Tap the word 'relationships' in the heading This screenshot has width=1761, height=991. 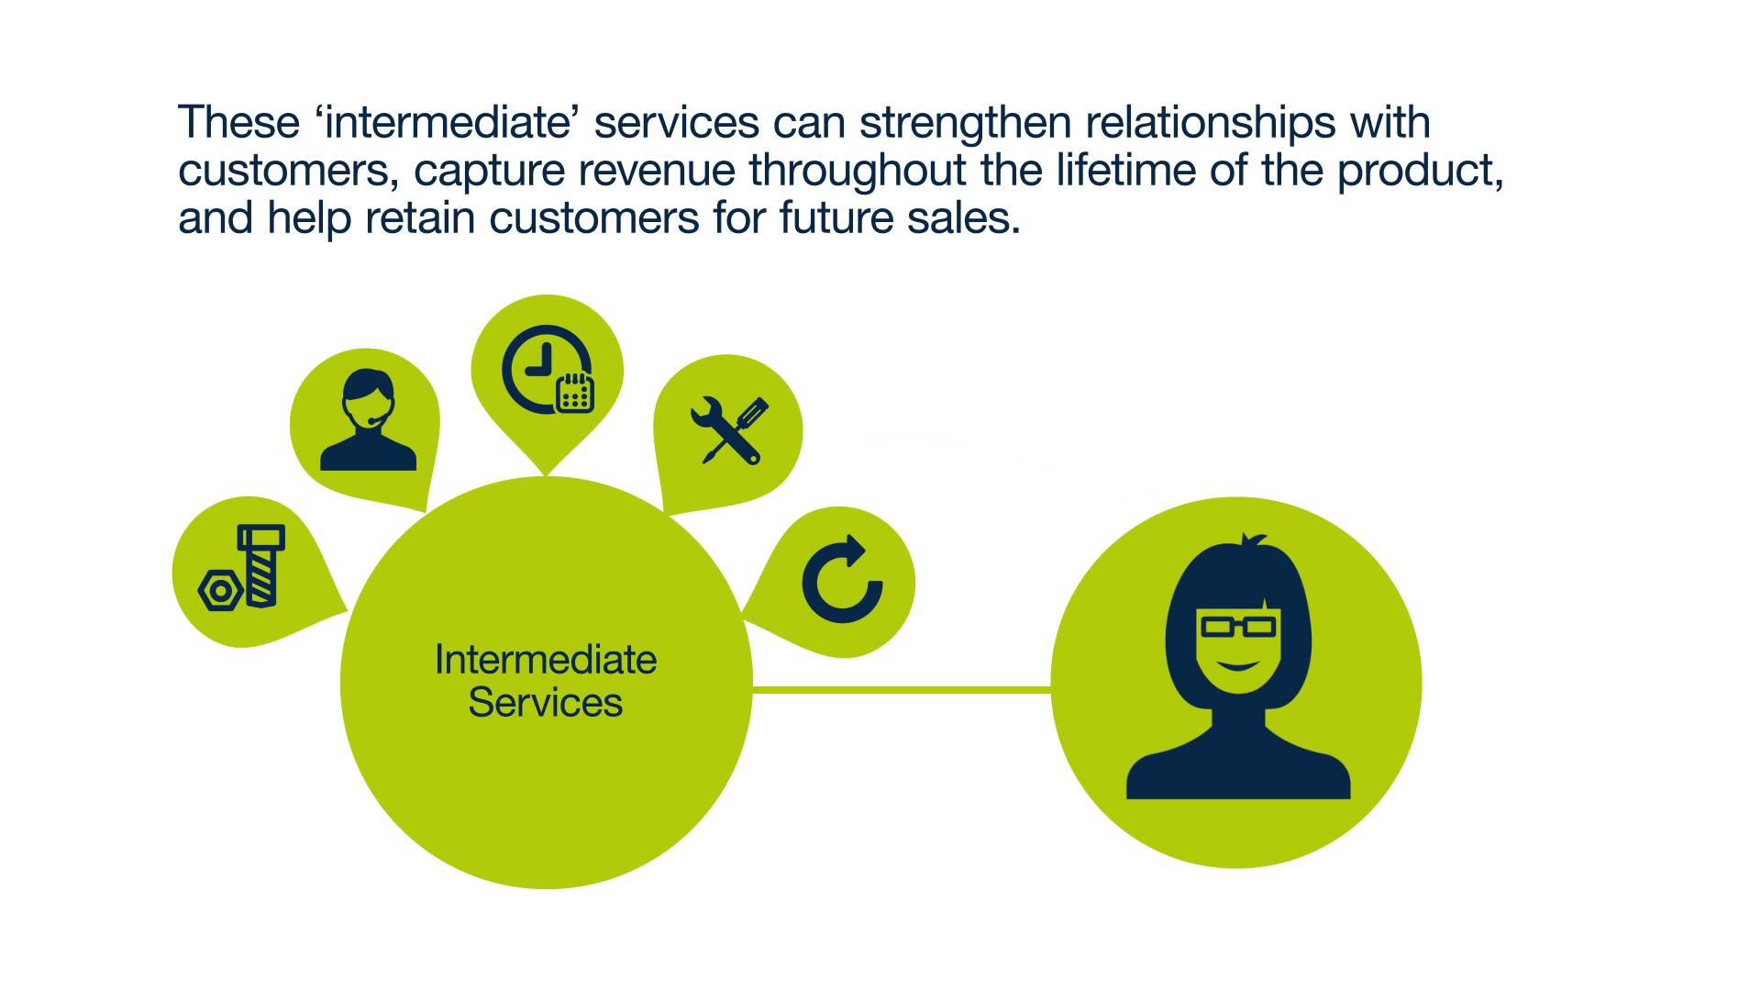coord(1210,123)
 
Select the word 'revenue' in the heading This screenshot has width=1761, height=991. coord(657,171)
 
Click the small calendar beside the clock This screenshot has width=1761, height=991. coord(575,393)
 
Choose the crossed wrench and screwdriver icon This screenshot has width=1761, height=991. coord(729,430)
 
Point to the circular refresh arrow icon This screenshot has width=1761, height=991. coord(841,580)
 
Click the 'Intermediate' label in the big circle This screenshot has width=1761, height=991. coord(546,660)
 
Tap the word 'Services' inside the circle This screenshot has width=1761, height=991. coord(546,703)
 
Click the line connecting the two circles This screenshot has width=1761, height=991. coord(902,689)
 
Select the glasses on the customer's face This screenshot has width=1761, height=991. coord(1238,627)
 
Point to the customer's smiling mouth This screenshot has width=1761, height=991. coord(1237,664)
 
